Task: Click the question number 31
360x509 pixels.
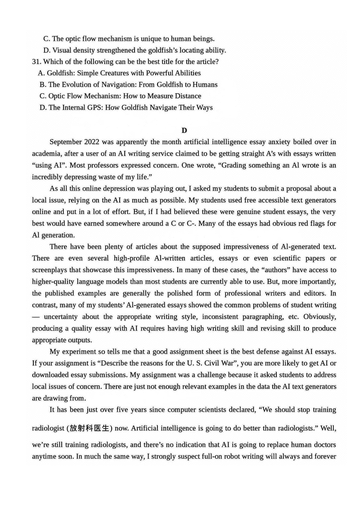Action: (36, 61)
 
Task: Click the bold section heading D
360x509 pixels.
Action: (184, 131)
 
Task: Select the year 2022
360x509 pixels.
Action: (100, 142)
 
